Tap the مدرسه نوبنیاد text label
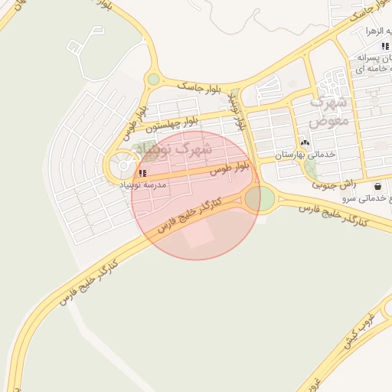coord(144,185)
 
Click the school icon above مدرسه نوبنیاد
coord(142,174)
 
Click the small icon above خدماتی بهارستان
coord(305,143)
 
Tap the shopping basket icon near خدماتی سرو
coord(377,186)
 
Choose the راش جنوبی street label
coord(334,185)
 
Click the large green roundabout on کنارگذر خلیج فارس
coord(260,199)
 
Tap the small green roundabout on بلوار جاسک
coord(154,79)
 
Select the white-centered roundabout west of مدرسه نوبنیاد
coord(122,165)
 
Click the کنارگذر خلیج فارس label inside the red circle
coord(189,215)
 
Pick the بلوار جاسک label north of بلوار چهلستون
coord(198,86)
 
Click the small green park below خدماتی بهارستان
coord(310,168)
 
